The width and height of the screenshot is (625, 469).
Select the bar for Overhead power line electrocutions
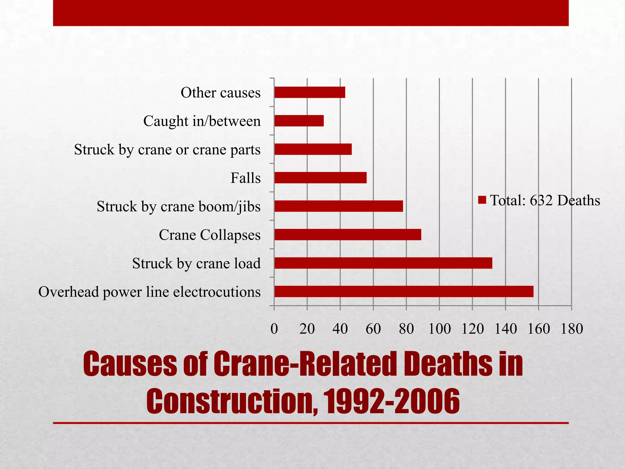pos(403,291)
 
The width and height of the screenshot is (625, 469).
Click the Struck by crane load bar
pos(383,263)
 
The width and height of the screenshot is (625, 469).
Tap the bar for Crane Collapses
pos(348,234)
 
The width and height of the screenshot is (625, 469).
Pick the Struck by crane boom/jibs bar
pos(338,206)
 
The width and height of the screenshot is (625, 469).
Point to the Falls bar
pos(320,178)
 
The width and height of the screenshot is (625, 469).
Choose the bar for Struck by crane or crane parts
pos(313,149)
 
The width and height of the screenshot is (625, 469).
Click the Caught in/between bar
pos(299,121)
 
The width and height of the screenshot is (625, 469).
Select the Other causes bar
pos(309,92)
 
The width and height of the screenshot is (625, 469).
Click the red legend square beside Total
pos(482,200)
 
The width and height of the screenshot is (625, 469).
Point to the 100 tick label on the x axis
pos(439,329)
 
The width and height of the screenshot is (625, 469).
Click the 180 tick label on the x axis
pos(572,329)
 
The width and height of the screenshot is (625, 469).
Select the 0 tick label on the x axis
pos(274,329)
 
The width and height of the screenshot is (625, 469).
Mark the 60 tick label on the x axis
pos(373,329)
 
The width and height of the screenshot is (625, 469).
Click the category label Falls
pos(245,178)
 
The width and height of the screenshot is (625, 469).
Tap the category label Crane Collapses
pos(210,235)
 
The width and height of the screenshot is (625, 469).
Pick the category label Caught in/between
pos(202,121)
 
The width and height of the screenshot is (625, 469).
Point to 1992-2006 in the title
pos(391,401)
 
